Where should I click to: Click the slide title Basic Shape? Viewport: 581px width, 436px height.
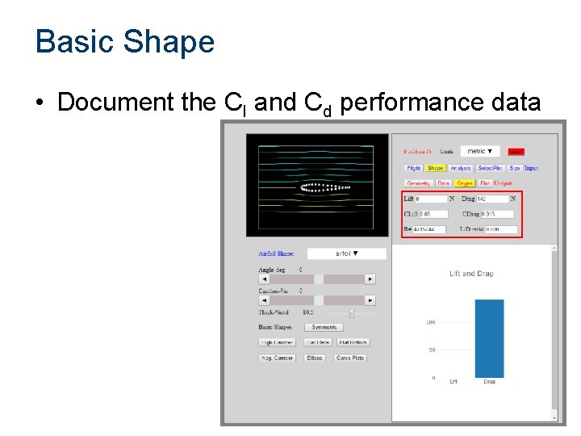click(x=125, y=42)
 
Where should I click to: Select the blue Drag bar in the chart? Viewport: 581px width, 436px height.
click(x=489, y=338)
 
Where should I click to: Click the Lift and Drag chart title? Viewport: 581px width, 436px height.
click(x=471, y=274)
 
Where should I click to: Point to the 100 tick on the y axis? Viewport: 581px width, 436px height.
click(x=431, y=322)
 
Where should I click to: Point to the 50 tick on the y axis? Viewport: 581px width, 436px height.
click(x=433, y=350)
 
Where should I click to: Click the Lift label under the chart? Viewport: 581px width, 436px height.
click(x=453, y=381)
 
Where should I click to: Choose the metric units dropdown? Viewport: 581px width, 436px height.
click(x=480, y=151)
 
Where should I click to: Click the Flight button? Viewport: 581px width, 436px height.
click(x=414, y=168)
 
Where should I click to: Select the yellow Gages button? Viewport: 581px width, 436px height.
click(x=465, y=183)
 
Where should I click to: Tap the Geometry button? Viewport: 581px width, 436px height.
click(x=418, y=183)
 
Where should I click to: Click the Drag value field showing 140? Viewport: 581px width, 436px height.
click(x=492, y=199)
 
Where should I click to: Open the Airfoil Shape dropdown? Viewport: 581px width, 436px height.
click(x=346, y=254)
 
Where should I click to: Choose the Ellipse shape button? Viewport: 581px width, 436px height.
click(x=314, y=358)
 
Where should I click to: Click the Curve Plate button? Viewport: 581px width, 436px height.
click(x=350, y=358)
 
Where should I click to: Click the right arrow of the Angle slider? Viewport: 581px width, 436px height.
click(x=370, y=279)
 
